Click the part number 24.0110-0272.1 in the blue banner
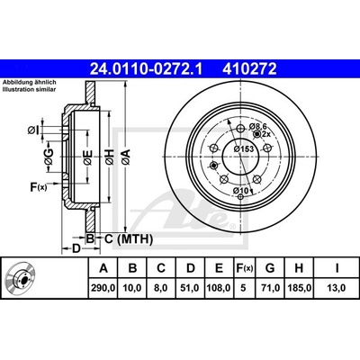pos(147,69)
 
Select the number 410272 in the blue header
pos(249,69)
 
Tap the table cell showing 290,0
pos(103,288)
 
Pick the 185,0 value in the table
pos(299,288)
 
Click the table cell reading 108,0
pos(220,288)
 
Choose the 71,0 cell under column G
pos(270,288)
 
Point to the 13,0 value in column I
pos(337,288)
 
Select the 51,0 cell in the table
pos(190,288)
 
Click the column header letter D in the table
pos(190,268)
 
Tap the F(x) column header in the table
pos(244,268)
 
